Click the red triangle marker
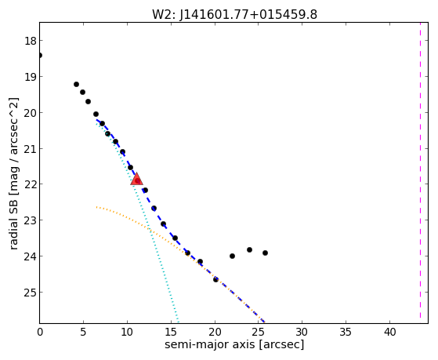point(136,180)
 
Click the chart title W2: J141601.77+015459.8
point(234,15)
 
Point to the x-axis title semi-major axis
point(209,344)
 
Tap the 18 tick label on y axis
point(31,41)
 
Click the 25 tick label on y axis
point(31,293)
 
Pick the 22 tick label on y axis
point(31,184)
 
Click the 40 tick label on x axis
point(389,333)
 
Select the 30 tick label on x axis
point(302,333)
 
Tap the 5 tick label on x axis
point(83,333)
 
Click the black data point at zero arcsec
point(40,55)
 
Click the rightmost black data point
point(265,253)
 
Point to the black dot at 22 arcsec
point(232,256)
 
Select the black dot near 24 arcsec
point(249,249)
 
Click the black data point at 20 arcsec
point(215,279)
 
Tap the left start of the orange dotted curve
point(96,207)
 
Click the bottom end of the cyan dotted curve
point(178,322)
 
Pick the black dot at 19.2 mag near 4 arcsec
point(76,84)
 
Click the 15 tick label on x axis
point(171,333)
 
